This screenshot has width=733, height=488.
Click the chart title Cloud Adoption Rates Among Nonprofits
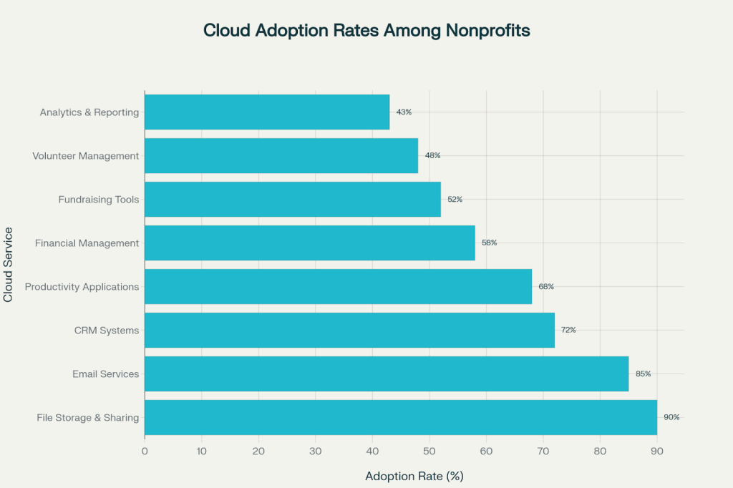(366, 31)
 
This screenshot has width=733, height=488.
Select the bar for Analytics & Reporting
(266, 112)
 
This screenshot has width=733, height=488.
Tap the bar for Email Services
(387, 374)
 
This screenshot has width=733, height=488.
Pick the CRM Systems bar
(349, 330)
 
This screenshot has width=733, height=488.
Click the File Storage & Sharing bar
(401, 417)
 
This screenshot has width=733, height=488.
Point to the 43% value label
(404, 112)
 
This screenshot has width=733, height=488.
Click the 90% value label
(671, 417)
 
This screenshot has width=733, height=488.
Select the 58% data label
(489, 243)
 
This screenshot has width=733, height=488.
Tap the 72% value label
(568, 330)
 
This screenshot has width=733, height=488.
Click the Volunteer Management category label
(86, 156)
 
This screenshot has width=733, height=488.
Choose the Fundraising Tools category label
(99, 200)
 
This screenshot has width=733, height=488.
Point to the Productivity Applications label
(82, 287)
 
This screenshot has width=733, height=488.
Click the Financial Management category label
(87, 243)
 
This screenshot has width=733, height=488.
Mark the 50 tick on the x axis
(429, 451)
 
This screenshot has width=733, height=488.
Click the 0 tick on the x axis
(145, 451)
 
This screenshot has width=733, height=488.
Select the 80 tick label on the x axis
(600, 451)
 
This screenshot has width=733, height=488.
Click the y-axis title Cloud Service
(9, 265)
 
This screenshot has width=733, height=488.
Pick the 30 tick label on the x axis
(315, 451)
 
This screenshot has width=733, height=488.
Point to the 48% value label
(432, 156)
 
